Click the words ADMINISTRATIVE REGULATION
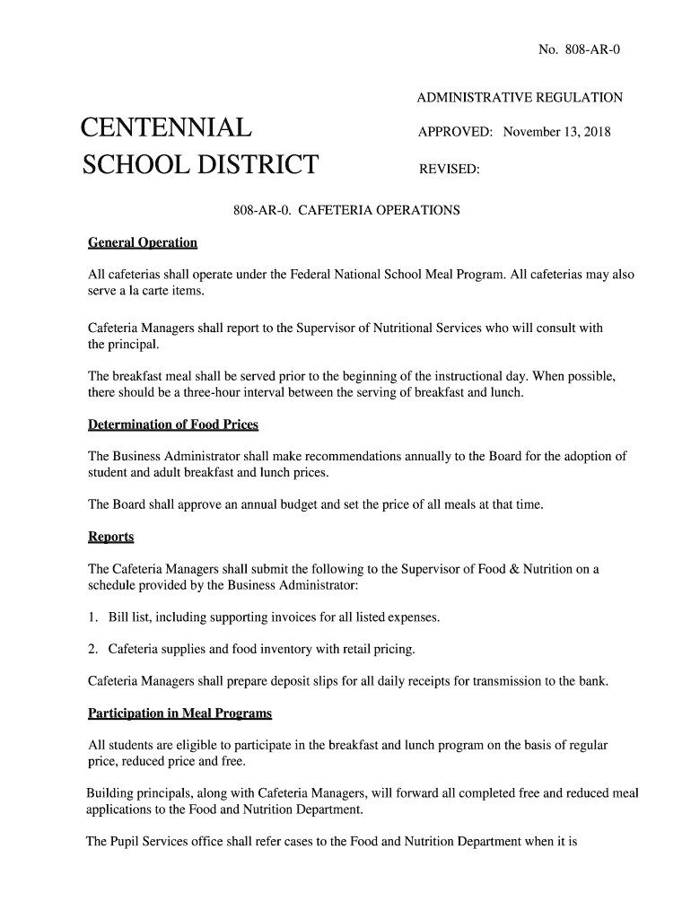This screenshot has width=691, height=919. click(x=520, y=97)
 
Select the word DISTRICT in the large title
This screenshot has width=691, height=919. click(x=250, y=166)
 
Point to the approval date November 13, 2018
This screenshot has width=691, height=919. click(x=556, y=133)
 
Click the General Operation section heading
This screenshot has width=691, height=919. click(x=142, y=243)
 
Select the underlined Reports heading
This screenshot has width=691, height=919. click(x=110, y=537)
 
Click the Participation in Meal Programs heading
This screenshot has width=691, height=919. click(x=179, y=713)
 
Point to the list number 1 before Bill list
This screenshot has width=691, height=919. click(x=92, y=617)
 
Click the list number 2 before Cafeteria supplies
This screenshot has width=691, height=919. click(x=92, y=649)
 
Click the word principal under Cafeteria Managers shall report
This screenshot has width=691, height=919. click(x=135, y=345)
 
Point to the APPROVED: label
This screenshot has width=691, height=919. click(x=455, y=133)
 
